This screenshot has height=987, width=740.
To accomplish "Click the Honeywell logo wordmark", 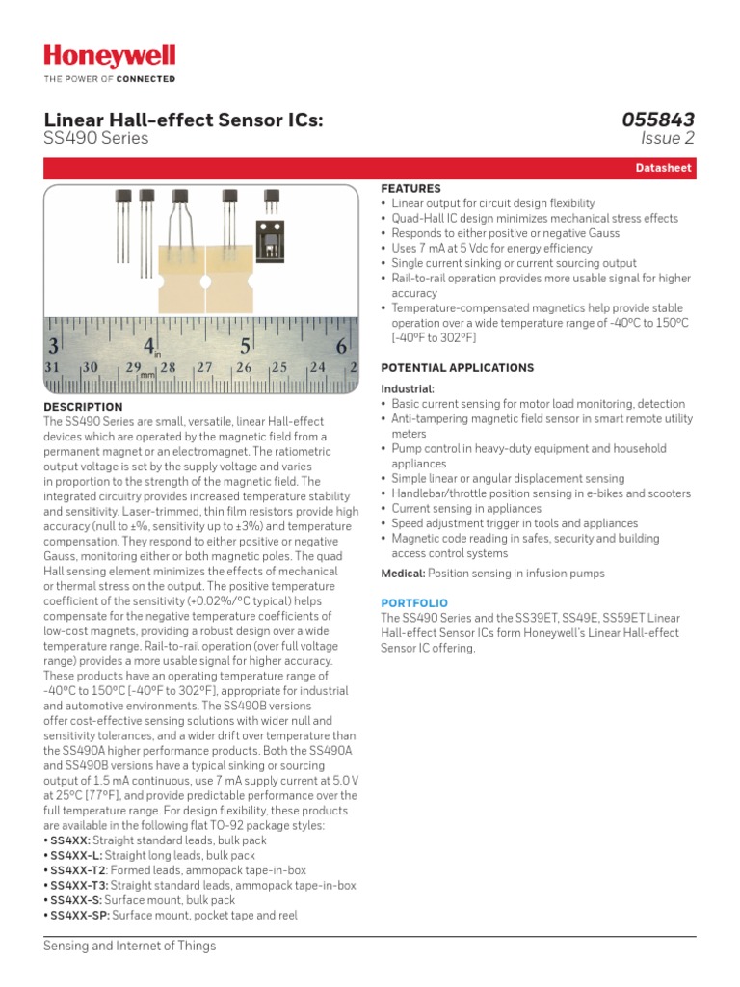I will (x=110, y=57).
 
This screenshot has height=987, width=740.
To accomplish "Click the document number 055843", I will (x=657, y=120).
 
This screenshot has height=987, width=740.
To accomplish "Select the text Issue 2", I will (x=667, y=139).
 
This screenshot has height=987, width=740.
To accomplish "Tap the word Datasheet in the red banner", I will (x=663, y=168).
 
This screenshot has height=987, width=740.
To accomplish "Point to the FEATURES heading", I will (x=411, y=189).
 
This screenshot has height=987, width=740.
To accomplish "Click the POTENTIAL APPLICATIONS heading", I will (x=457, y=368).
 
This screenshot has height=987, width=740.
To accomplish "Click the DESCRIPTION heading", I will (x=84, y=407).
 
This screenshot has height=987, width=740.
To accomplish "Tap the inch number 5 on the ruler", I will (x=245, y=346).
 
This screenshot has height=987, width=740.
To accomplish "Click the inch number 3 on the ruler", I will (x=54, y=346).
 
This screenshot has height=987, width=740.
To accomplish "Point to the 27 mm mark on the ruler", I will (x=204, y=368).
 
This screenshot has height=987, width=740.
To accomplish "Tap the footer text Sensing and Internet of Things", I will (x=130, y=946).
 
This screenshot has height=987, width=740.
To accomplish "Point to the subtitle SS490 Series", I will (x=96, y=139).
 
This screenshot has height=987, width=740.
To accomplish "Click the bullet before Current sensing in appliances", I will (x=384, y=508).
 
